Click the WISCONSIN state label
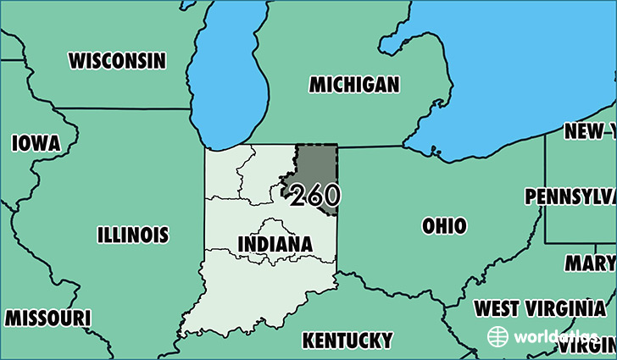click(x=117, y=61)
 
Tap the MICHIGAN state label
click(x=353, y=85)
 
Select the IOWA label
click(x=36, y=143)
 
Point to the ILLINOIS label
click(x=132, y=235)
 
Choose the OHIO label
click(x=444, y=226)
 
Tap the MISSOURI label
click(x=47, y=318)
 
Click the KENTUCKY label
click(x=347, y=341)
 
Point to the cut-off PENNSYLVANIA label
click(x=570, y=197)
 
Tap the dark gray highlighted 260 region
click(x=316, y=165)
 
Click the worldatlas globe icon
click(x=498, y=336)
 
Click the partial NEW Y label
click(x=590, y=131)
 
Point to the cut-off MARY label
click(x=590, y=263)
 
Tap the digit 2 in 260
click(x=298, y=197)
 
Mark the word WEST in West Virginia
click(x=498, y=307)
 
